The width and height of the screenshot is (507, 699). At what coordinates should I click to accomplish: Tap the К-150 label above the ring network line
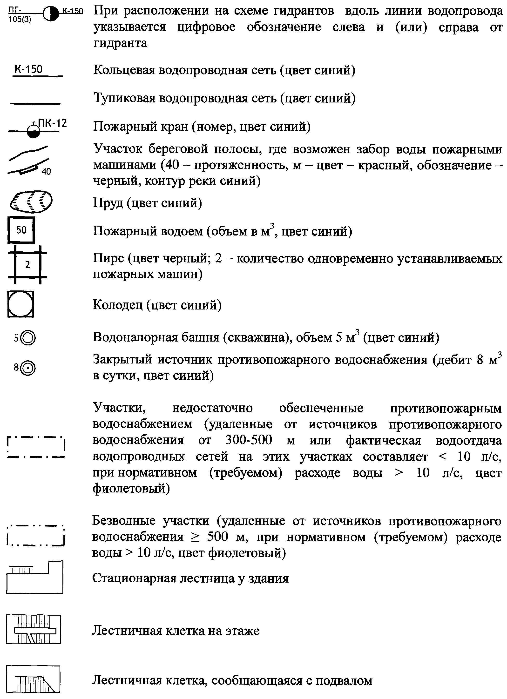click(x=28, y=69)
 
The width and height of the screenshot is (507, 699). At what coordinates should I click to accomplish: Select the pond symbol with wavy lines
click(x=31, y=202)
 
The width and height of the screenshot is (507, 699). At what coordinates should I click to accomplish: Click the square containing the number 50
click(x=21, y=230)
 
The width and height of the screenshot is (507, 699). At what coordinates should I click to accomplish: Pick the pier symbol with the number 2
click(x=27, y=265)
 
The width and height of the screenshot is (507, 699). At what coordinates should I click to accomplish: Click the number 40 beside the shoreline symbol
click(x=46, y=171)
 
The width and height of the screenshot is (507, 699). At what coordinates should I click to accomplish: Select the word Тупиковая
click(x=124, y=98)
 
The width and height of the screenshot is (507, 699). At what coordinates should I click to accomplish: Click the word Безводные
click(x=124, y=521)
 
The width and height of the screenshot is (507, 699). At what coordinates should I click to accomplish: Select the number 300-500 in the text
click(x=249, y=440)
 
